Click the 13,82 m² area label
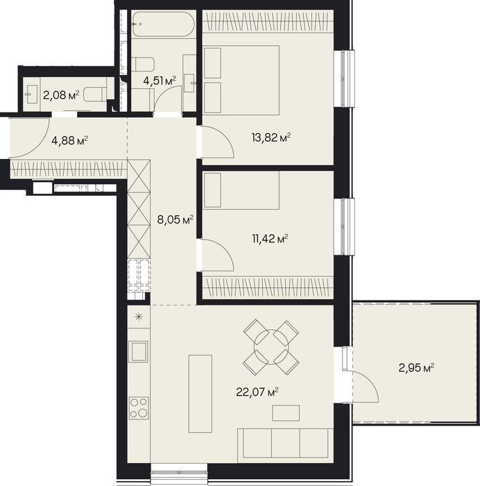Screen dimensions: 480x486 coord(271,137)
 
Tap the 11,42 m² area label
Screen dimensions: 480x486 coord(271,239)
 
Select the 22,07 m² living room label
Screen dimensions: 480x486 coord(257,392)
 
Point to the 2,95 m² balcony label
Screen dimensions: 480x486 coord(416,368)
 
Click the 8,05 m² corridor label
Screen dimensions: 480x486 coord(175,220)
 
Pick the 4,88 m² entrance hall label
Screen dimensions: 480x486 coord(70,141)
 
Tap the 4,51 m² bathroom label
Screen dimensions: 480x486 coord(160,81)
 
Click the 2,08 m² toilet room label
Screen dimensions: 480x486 coord(61,95)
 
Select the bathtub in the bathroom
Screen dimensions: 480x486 coord(164,24)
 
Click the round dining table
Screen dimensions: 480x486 coord(271,346)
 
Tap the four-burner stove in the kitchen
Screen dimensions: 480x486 coord(139,408)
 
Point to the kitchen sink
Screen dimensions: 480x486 coord(138,351)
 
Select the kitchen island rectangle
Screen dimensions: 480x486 coord(200,394)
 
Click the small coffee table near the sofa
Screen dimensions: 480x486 coord(286,413)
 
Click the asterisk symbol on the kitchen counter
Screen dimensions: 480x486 coord(139,317)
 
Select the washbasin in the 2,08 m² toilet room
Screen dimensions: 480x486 coord(31,94)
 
